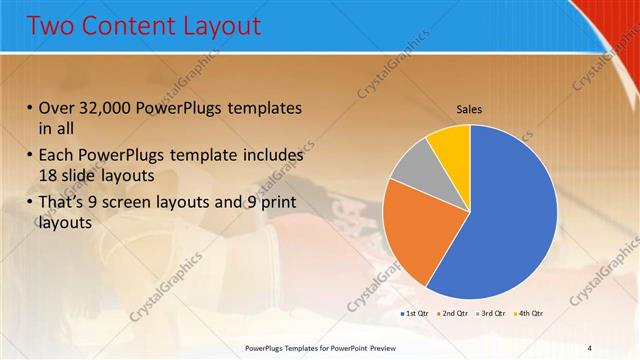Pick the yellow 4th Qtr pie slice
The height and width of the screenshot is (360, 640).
(450, 143)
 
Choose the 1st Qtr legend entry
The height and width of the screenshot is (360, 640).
(415, 315)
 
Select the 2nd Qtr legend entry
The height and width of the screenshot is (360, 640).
(452, 315)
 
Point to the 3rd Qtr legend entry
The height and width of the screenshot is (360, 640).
(489, 315)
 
